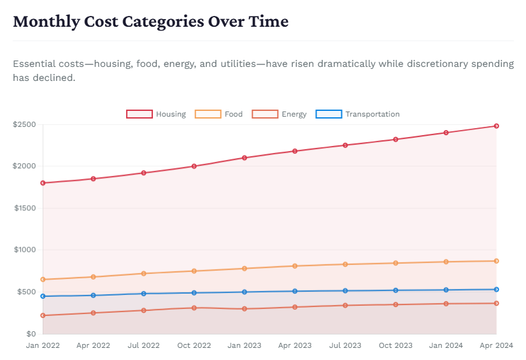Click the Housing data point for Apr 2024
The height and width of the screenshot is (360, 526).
click(496, 126)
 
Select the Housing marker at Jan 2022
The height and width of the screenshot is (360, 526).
click(43, 183)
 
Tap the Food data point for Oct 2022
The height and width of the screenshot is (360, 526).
click(194, 271)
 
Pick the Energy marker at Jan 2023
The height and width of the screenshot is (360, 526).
click(245, 309)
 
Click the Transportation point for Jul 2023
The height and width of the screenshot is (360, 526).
click(345, 291)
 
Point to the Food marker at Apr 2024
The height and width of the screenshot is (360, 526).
click(496, 261)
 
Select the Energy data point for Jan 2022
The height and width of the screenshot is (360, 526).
click(43, 315)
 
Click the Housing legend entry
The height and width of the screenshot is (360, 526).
click(156, 114)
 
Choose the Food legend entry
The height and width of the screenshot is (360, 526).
click(218, 114)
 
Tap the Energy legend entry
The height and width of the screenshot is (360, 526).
click(280, 114)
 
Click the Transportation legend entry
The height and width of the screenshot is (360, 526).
click(358, 114)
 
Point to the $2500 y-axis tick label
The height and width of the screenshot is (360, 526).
click(24, 124)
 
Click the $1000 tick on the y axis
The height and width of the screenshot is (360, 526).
click(24, 250)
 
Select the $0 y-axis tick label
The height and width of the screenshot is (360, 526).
click(31, 334)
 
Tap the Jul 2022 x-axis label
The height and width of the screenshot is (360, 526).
click(143, 345)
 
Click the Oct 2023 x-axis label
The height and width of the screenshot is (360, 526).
click(395, 345)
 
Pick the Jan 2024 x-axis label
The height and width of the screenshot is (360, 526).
click(446, 345)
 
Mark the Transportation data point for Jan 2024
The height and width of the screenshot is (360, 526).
click(446, 290)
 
